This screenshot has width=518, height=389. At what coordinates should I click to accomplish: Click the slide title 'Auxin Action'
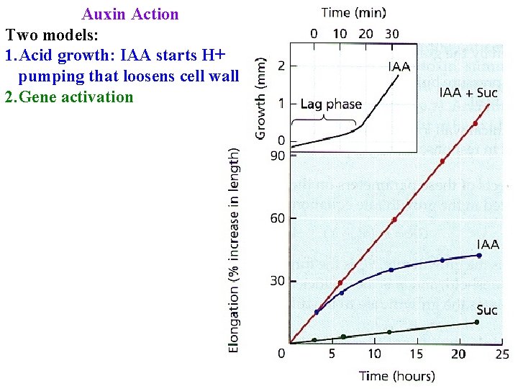click(130, 14)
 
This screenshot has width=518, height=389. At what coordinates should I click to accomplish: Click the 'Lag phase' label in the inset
click(330, 104)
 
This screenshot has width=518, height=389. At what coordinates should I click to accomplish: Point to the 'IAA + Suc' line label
click(468, 93)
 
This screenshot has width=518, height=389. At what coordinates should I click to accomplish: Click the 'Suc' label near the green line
click(486, 310)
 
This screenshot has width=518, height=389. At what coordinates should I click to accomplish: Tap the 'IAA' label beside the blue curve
click(488, 244)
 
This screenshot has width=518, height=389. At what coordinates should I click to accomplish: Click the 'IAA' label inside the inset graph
click(399, 67)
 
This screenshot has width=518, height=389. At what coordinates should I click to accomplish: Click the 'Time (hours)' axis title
click(397, 376)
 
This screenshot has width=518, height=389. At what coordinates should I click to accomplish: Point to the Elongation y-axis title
click(234, 251)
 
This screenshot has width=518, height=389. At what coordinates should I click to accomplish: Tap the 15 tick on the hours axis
click(417, 354)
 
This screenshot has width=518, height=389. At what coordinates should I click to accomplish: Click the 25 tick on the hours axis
click(501, 354)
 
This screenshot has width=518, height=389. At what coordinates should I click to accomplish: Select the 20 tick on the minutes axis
click(365, 33)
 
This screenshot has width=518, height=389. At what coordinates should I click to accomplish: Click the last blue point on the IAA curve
click(479, 255)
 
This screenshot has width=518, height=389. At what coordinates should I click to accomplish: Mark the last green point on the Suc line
click(476, 322)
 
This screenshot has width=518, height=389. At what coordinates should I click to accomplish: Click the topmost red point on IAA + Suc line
click(475, 124)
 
